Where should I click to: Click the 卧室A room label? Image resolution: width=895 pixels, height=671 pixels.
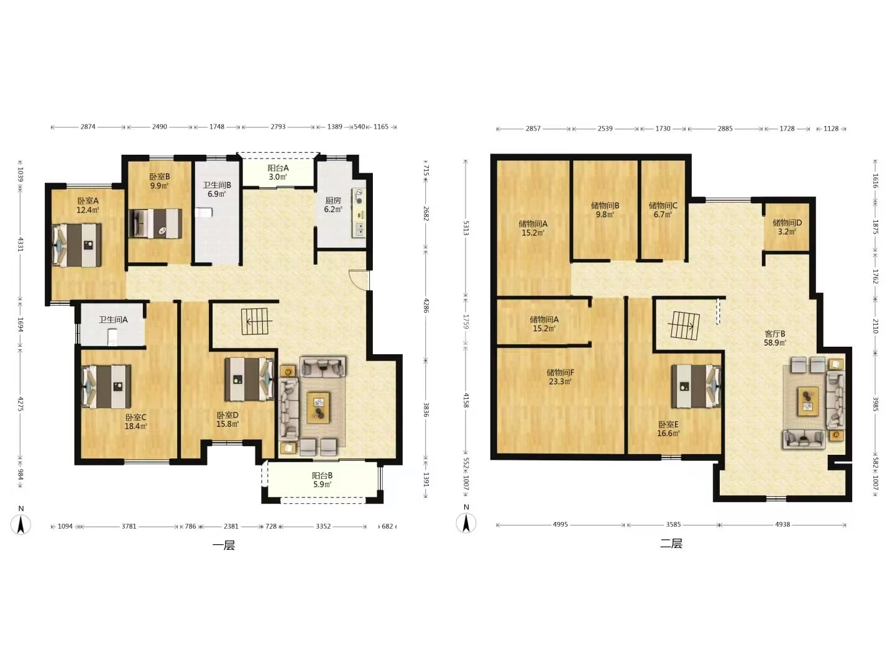[88, 201]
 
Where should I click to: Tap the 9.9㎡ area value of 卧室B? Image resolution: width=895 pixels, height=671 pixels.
[159, 186]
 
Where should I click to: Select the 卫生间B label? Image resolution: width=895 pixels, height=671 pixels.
[217, 185]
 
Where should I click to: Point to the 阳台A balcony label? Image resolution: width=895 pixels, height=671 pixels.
[278, 168]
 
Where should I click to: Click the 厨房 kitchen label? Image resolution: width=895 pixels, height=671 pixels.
[333, 201]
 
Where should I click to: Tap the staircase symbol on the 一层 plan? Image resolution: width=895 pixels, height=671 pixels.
[254, 321]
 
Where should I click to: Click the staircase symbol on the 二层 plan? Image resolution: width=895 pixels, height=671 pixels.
[684, 326]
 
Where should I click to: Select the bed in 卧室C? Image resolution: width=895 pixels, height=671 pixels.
[106, 386]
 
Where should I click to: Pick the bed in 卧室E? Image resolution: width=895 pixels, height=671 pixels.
[696, 386]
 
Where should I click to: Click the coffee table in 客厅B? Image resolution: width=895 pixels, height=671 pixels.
[808, 401]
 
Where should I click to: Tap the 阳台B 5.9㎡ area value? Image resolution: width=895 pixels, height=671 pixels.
[322, 485]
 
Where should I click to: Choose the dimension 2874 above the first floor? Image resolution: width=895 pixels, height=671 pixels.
[88, 127]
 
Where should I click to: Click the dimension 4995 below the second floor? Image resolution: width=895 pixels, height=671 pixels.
[560, 524]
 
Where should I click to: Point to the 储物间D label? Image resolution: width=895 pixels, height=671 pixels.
[787, 223]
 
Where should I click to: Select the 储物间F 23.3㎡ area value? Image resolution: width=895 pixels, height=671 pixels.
[560, 381]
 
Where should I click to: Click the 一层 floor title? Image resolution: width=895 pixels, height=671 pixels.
[224, 545]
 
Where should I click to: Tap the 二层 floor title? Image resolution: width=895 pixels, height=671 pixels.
[671, 543]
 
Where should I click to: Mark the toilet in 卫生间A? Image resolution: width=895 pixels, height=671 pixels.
[112, 337]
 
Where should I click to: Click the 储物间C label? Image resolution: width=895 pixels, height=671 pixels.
[663, 206]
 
